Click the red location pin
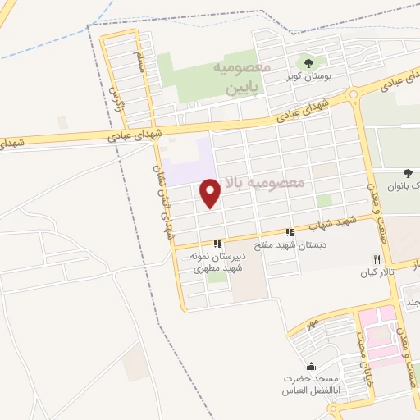(211, 194)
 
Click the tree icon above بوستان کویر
(308, 62)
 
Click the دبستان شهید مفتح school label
(289, 244)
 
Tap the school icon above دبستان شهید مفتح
(289, 232)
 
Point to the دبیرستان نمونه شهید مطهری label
(217, 262)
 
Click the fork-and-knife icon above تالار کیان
(377, 258)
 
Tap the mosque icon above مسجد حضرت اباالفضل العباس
(311, 366)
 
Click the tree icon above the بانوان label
(408, 173)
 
